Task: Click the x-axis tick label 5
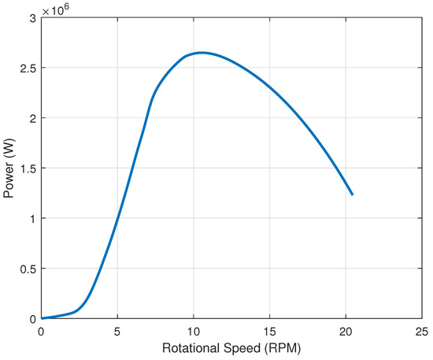[117, 332]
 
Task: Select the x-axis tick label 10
[194, 332]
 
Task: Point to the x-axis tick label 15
[270, 332]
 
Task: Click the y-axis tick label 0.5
[28, 269]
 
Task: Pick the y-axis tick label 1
[32, 218]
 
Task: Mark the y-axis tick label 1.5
[28, 169]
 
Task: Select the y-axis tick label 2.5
[28, 69]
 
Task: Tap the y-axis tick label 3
[32, 18]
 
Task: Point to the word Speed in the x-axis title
[243, 347]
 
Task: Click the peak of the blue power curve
[202, 53]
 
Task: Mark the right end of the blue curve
[353, 194]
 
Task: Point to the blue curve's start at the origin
[42, 318]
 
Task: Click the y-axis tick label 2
[32, 118]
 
